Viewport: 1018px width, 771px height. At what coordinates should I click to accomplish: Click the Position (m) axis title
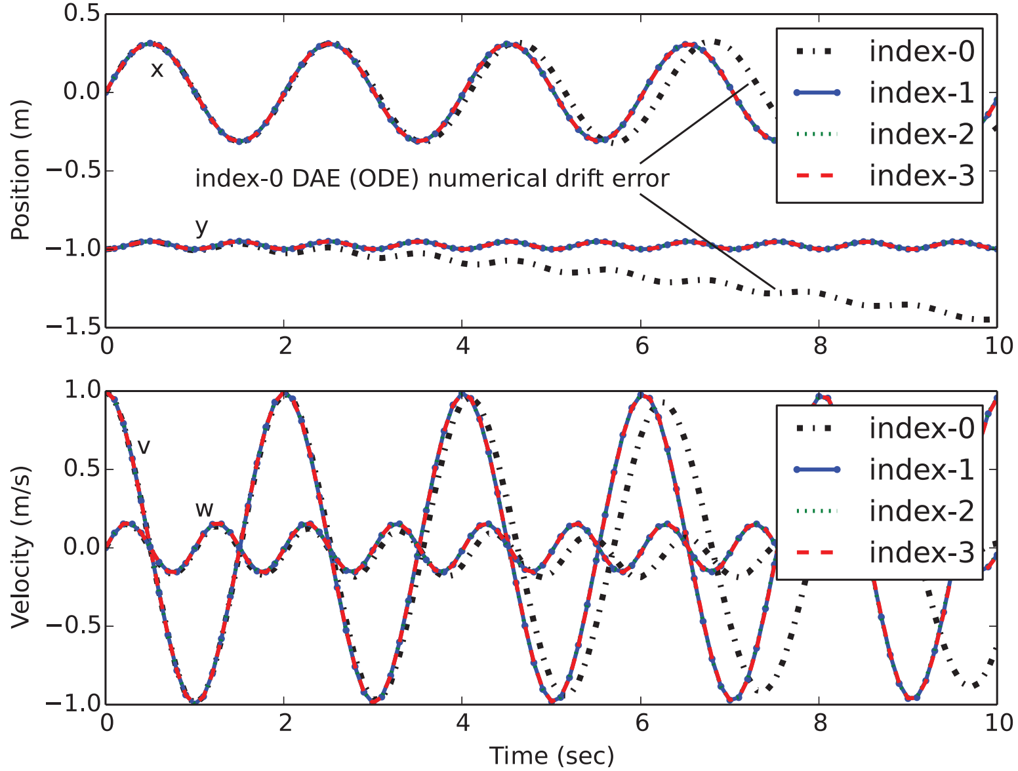tap(21, 170)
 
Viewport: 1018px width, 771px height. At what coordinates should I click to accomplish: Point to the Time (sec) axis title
tap(552, 756)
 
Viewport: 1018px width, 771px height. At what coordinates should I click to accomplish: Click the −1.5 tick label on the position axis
tap(72, 326)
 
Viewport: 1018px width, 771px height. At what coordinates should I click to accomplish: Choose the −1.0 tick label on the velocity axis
tap(72, 703)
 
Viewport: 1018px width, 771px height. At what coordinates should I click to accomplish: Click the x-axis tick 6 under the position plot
tap(641, 346)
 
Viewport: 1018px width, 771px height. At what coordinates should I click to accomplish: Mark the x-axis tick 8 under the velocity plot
tap(820, 722)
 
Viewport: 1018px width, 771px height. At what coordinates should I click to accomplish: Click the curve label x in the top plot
tap(156, 69)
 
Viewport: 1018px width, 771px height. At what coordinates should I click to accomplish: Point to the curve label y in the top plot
tap(202, 227)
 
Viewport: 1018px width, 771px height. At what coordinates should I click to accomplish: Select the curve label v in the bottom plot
tap(144, 446)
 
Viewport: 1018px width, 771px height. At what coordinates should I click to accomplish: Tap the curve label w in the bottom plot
tap(204, 509)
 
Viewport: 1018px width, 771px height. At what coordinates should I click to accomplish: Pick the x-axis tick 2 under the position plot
tap(285, 346)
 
